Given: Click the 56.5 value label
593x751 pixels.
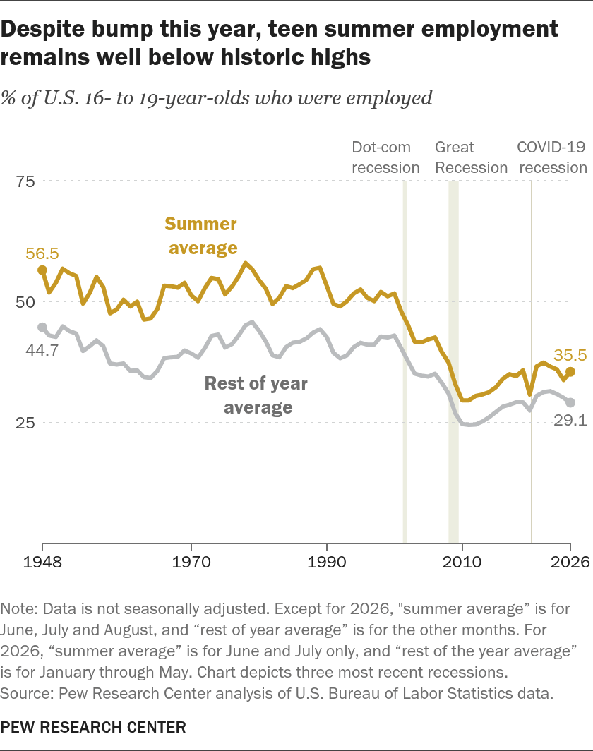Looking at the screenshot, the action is [42, 253].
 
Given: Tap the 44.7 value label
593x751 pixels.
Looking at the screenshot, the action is [42, 350].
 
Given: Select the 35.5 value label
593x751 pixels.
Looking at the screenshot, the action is [570, 355].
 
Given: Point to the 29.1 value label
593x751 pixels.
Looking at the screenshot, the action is [570, 420].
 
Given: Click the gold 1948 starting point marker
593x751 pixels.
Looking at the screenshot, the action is [42, 270].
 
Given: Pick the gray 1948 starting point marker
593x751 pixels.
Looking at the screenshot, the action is [42, 327].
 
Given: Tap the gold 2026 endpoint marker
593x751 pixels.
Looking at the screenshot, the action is [570, 372].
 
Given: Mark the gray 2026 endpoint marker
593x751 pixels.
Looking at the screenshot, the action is [570, 402].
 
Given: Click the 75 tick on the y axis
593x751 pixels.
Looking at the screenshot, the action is [25, 181].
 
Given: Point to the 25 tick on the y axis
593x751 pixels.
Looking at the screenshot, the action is [25, 423].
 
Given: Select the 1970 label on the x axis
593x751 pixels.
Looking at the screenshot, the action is [191, 561].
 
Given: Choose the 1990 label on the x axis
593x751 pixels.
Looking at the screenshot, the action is [327, 561].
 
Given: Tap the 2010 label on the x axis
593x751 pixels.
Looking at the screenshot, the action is [462, 561].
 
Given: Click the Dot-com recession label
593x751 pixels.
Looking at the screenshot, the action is [385, 157].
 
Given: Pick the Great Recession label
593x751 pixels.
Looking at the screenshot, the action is [471, 157].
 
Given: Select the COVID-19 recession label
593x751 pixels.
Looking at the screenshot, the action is [552, 157].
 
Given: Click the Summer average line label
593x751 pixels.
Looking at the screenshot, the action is [202, 236].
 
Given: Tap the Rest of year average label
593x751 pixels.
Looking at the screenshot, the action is [257, 395].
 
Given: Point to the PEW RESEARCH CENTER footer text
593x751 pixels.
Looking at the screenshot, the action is [93, 727].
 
